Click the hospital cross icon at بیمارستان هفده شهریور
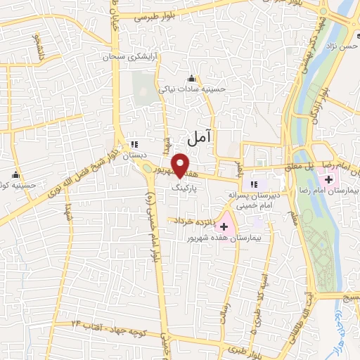(x=224, y=226)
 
